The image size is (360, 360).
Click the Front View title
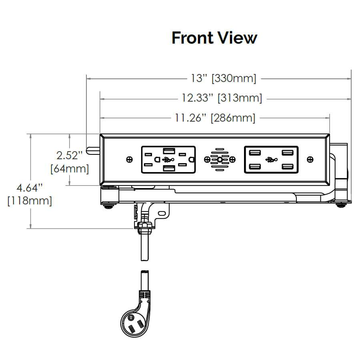(x=214, y=38)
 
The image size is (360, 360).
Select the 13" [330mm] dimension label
(x=223, y=78)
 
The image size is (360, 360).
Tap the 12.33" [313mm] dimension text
(x=222, y=98)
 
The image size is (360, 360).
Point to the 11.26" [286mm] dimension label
(x=215, y=118)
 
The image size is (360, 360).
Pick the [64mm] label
(x=70, y=169)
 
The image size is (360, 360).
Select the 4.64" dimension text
(x=30, y=187)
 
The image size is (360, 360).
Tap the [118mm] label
(x=30, y=200)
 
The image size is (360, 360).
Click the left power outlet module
(x=168, y=160)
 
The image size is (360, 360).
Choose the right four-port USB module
(x=271, y=160)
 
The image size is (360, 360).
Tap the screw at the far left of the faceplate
(x=129, y=160)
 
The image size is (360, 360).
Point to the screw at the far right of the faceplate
(x=310, y=160)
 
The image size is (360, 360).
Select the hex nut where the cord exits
(x=145, y=228)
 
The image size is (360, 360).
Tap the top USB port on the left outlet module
(x=168, y=151)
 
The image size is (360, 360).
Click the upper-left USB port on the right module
(x=254, y=153)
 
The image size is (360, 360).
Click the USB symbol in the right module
(x=271, y=160)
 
